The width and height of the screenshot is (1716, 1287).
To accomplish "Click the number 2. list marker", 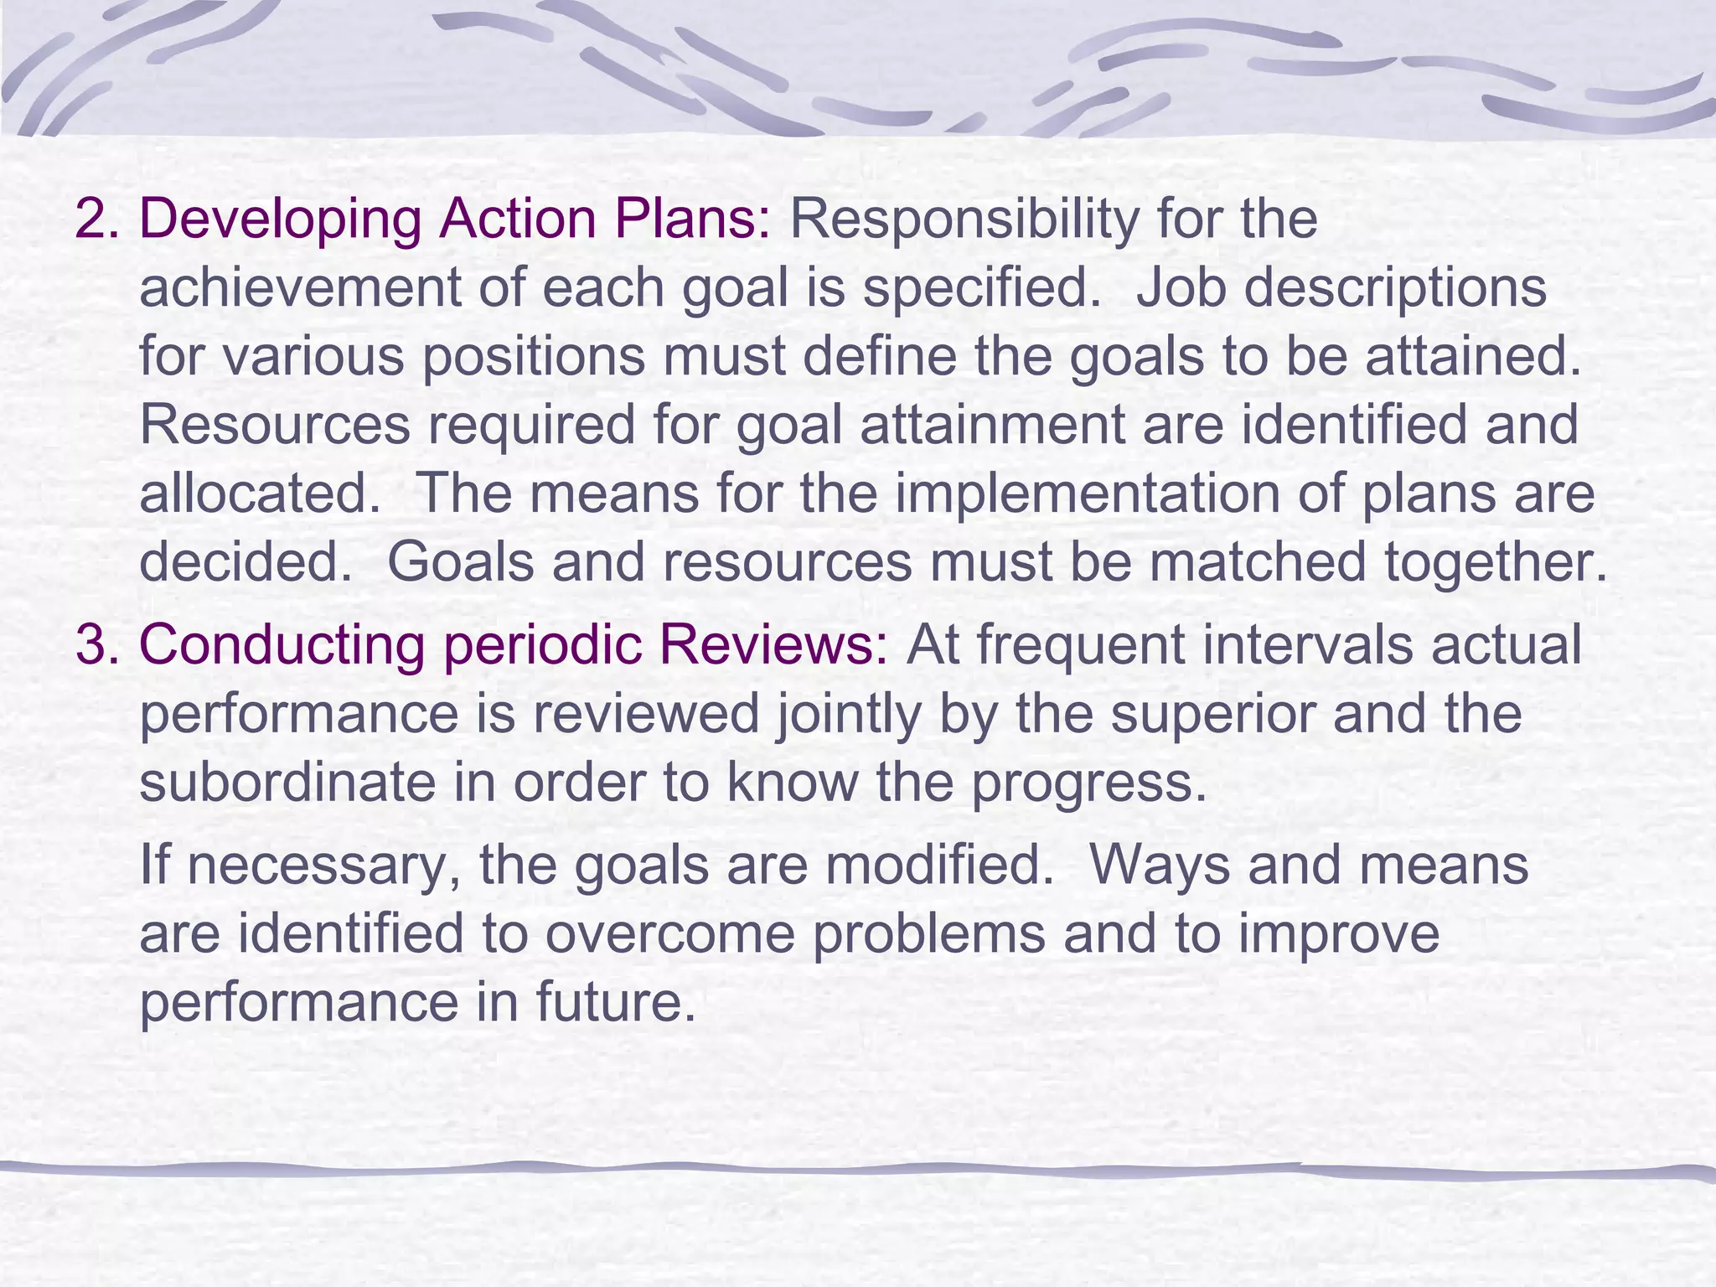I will tap(98, 220).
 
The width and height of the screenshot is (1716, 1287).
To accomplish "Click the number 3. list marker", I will tap(98, 645).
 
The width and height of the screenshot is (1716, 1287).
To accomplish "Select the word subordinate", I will tap(286, 783).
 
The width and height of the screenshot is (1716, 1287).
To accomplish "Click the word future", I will tap(616, 1003).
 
